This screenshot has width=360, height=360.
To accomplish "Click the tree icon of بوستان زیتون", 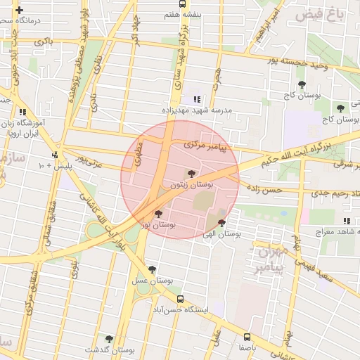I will [192, 173].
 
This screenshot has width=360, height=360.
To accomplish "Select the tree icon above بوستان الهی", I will [222, 223].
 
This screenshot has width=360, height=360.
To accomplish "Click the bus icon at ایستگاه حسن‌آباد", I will [181, 299].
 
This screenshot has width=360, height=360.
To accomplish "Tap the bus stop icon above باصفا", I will [247, 336].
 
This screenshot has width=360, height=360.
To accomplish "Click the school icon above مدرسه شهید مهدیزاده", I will [198, 99].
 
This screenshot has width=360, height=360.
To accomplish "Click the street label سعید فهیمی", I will [334, 271].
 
